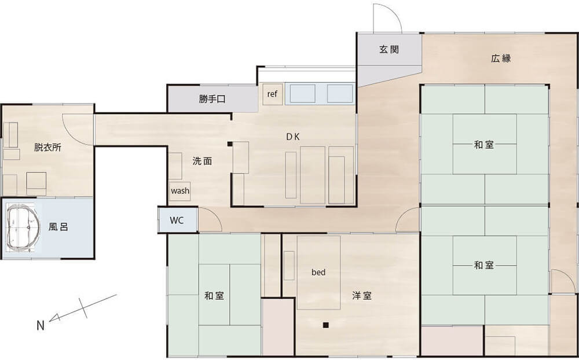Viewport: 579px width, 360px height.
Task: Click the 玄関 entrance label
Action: pos(389,49)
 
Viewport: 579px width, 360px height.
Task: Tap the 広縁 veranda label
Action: pos(501,58)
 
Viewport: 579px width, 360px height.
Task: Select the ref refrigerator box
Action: pos(272,94)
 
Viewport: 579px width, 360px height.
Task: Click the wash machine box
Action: pos(180,191)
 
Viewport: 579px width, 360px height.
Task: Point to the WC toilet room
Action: pos(177,221)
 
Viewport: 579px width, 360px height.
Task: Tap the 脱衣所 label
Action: pos(47,148)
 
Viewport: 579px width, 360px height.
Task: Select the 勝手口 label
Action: pos(212,99)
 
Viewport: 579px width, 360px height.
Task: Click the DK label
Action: pos(293,137)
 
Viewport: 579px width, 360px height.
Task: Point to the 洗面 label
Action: pos(202,161)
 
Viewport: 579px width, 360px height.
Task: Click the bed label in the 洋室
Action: pos(318,273)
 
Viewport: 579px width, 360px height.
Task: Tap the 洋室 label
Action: pos(362,296)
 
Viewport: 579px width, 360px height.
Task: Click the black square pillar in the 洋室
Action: pos(325,325)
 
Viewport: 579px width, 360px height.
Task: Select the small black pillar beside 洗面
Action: pos(230,144)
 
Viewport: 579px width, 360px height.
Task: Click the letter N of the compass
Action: pos(41,326)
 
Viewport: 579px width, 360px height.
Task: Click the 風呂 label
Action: pos(58,227)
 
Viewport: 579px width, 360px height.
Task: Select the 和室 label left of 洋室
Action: pos(215,296)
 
